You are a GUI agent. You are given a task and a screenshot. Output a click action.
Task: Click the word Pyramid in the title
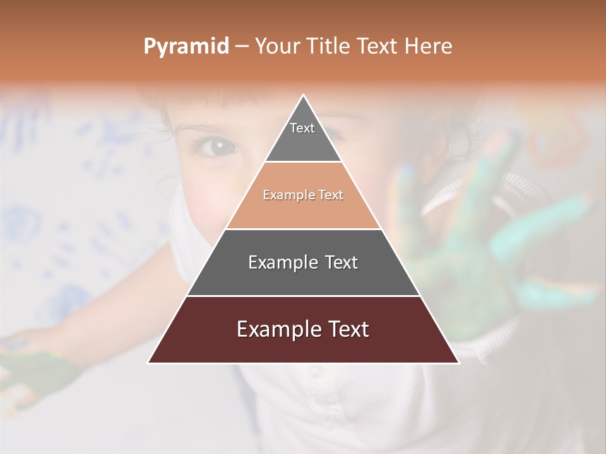pos(186,47)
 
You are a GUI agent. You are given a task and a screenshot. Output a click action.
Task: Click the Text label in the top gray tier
pos(302,128)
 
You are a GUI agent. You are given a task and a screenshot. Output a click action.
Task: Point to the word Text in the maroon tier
pos(348,330)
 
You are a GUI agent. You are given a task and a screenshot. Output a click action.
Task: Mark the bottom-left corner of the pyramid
pos(148,363)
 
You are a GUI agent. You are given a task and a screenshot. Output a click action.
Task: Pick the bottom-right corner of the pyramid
pos(459,363)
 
